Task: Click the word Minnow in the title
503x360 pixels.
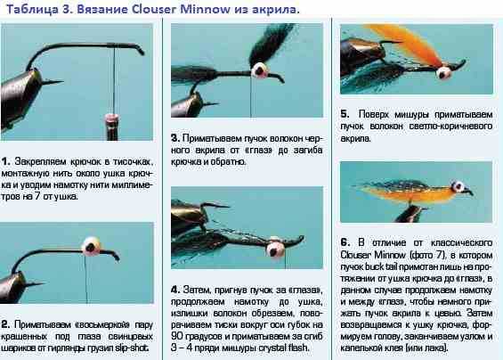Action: [x=205, y=9]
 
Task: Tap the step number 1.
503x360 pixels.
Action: [x=5, y=161]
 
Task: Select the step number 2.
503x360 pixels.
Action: [x=5, y=324]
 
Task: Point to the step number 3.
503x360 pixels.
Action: [x=174, y=138]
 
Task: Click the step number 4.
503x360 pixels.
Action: [x=175, y=290]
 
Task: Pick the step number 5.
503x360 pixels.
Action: [x=345, y=114]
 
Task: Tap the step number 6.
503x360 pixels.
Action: [x=345, y=242]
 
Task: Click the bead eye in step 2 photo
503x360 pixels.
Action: [x=91, y=246]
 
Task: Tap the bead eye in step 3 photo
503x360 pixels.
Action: [x=260, y=70]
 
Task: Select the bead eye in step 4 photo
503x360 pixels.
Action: [x=275, y=249]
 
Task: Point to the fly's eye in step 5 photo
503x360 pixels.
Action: [x=444, y=72]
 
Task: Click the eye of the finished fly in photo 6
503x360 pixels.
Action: [x=458, y=186]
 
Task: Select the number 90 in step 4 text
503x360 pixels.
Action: [x=176, y=336]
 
